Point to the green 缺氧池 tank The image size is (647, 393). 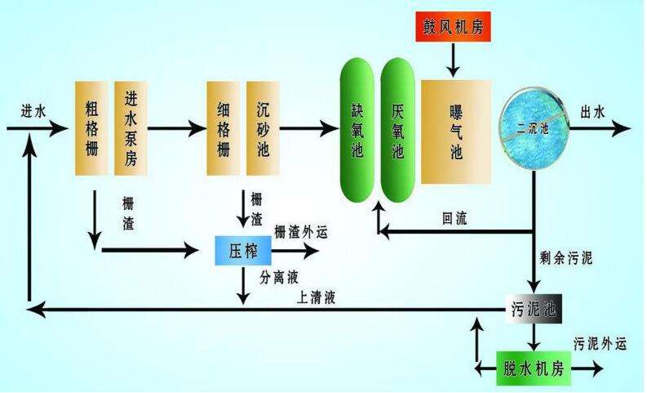coord(357,129)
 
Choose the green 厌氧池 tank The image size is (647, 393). coord(398,129)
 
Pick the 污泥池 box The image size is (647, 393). coord(533,308)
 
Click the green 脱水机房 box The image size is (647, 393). coord(533,368)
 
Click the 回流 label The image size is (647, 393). coord(455,218)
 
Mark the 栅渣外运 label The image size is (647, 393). coord(300,231)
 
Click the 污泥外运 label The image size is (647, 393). coord(600,342)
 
